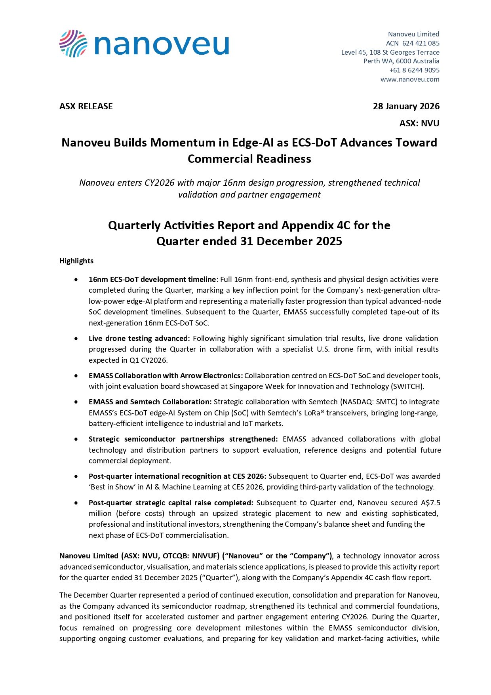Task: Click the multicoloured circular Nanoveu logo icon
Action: (73, 44)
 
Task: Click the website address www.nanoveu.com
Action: (410, 79)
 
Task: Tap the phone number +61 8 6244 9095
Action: (414, 70)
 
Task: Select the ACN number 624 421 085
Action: (421, 43)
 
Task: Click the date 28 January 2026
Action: (406, 106)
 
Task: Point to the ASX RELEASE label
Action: (86, 106)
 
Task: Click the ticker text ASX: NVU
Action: (419, 123)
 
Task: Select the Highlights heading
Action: (76, 261)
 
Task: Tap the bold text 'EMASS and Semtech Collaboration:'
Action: (150, 402)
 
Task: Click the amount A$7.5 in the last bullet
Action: (430, 503)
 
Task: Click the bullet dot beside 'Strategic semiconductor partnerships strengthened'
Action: (76, 439)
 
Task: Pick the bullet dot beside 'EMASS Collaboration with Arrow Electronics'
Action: (76, 375)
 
